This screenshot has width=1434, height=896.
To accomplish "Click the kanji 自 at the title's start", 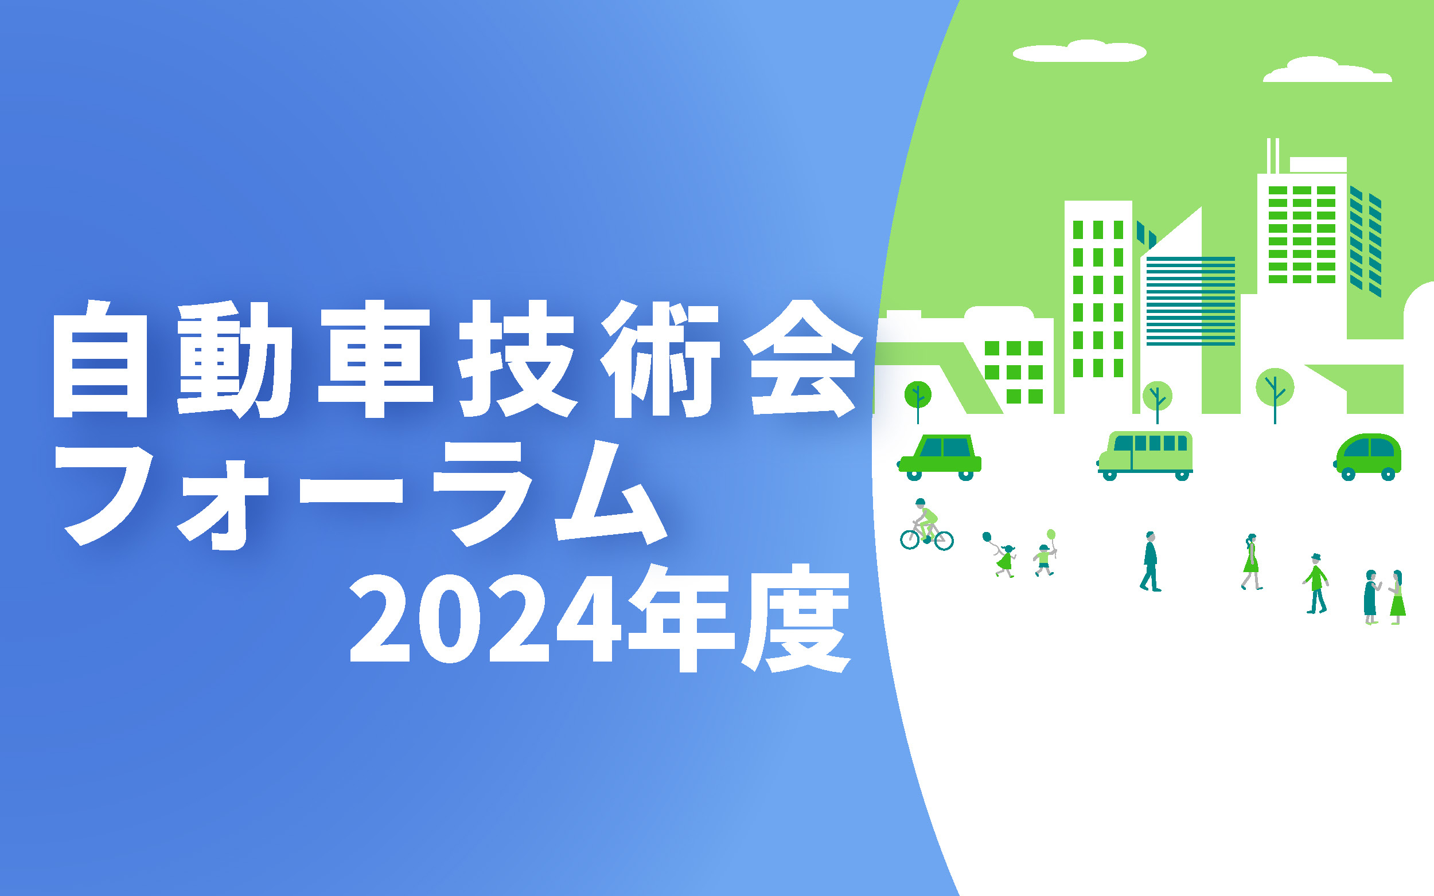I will click(x=100, y=359).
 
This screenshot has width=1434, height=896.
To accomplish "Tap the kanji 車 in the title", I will click(x=375, y=359).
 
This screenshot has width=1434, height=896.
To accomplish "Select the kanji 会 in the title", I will click(x=802, y=359).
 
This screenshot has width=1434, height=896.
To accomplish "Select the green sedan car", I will click(x=940, y=457).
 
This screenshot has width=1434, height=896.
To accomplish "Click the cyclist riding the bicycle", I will click(x=926, y=525).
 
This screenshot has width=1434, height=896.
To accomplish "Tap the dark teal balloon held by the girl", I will click(x=987, y=537).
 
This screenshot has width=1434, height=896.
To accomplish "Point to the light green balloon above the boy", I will click(x=1051, y=534).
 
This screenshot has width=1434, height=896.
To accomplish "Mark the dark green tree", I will click(x=918, y=394).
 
